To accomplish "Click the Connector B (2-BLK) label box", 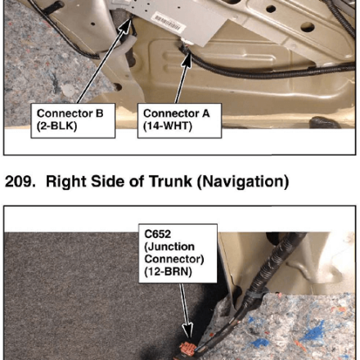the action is (x=73, y=120).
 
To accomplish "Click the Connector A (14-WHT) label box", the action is (x=179, y=120).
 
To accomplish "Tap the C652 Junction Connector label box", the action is (x=178, y=254).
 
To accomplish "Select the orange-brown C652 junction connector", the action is (x=187, y=349).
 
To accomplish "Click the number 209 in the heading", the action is (x=20, y=182).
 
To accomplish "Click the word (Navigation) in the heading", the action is (x=243, y=182).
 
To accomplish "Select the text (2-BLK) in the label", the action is (x=56, y=126).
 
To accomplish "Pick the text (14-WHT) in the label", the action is (x=168, y=126).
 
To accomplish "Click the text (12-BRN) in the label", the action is (x=169, y=272).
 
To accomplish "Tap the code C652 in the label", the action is (x=158, y=234).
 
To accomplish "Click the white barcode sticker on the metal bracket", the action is (x=166, y=22).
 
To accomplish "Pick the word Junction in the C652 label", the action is (x=169, y=247).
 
